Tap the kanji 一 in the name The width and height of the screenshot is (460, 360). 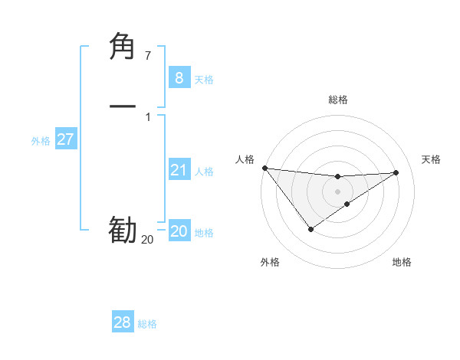[123, 106]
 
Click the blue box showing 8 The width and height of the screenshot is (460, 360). [179, 77]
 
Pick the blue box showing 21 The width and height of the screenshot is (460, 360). [179, 170]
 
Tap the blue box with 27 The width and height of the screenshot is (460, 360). [65, 139]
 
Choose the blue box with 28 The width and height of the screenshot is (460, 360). [123, 322]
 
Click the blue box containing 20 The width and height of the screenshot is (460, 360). [179, 231]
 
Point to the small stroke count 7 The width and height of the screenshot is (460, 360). [147, 55]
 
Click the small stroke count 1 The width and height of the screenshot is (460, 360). [147, 116]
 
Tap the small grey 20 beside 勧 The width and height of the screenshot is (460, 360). [147, 239]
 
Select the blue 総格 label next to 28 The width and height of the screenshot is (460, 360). [147, 324]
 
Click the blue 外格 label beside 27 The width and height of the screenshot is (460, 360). [41, 140]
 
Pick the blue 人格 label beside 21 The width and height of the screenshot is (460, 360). [205, 172]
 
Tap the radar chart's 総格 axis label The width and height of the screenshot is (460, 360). [338, 100]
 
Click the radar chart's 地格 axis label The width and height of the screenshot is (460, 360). [402, 262]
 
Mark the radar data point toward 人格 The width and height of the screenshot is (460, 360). [264, 168]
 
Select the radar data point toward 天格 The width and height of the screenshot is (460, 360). [396, 172]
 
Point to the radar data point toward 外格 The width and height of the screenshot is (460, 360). [310, 229]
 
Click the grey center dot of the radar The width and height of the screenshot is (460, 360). [338, 191]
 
